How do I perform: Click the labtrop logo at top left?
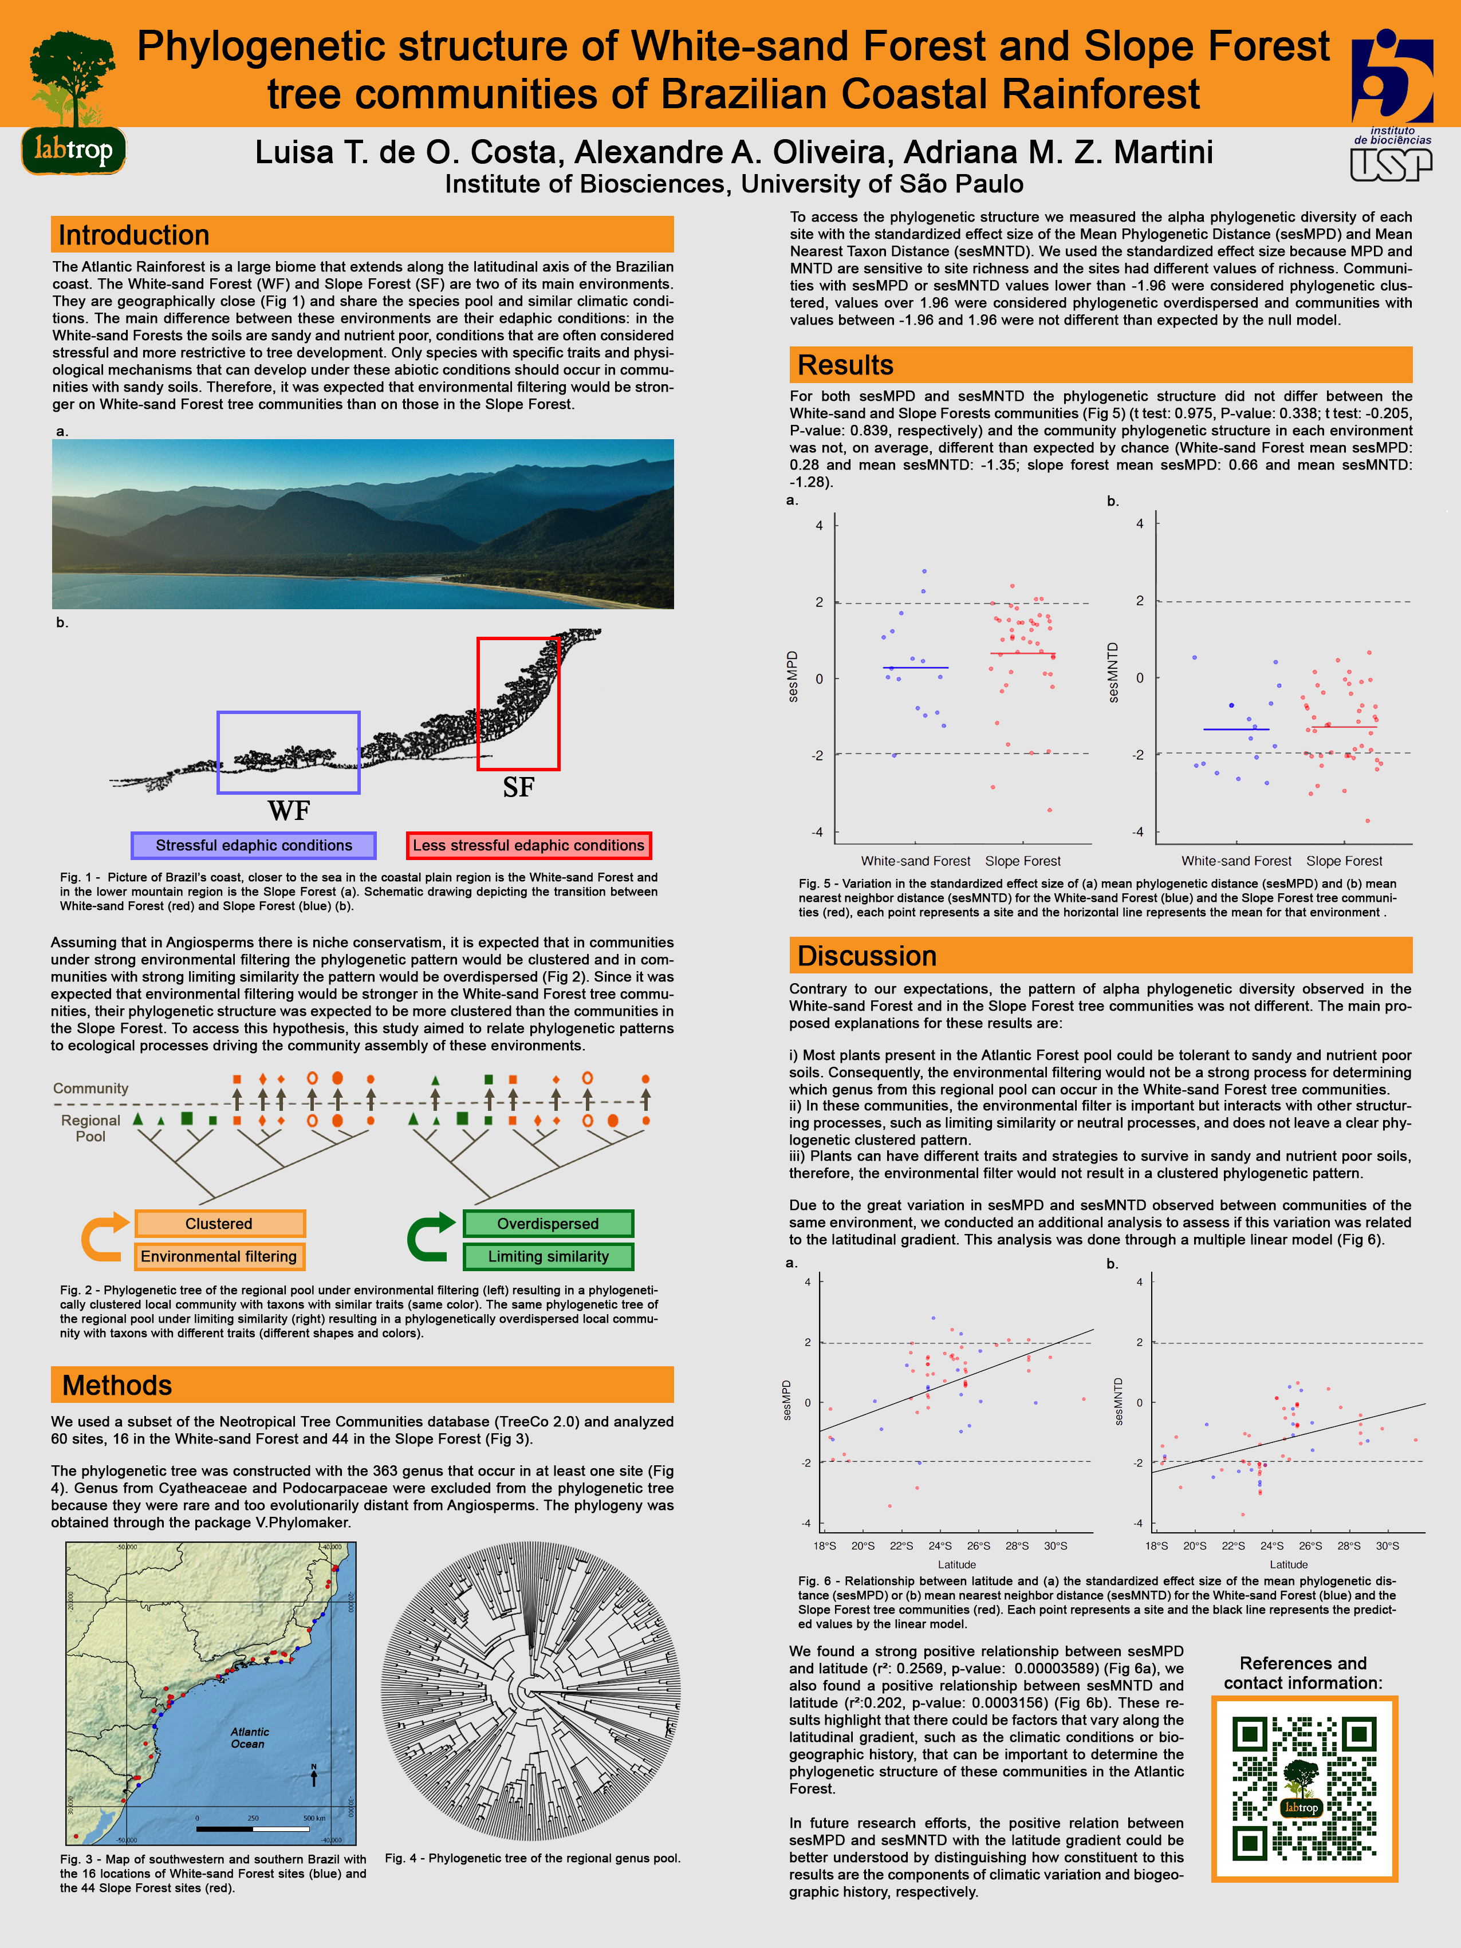[73, 102]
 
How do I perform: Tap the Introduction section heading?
[134, 235]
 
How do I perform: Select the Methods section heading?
[117, 1385]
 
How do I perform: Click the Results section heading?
[845, 365]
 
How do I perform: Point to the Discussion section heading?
[867, 956]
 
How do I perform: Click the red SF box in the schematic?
[518, 704]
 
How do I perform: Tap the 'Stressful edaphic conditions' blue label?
[254, 845]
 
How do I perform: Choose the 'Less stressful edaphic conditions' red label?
[529, 845]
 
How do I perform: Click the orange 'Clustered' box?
[219, 1223]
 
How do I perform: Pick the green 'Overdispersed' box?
[548, 1223]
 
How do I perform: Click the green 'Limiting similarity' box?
[548, 1257]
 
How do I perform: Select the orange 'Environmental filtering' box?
[219, 1257]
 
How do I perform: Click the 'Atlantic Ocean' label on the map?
[249, 1737]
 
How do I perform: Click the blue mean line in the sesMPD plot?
[915, 668]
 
